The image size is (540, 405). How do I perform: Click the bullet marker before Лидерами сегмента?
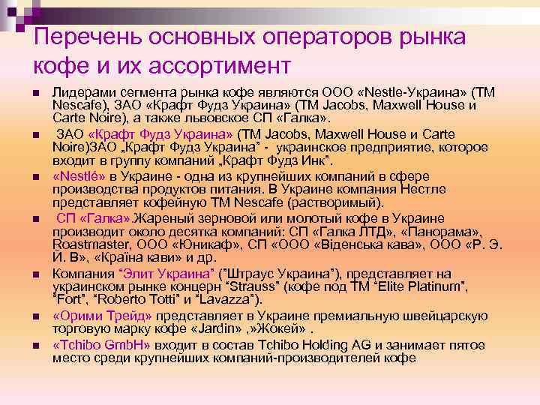[x=35, y=92]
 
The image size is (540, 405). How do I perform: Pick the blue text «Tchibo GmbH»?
[x=101, y=344]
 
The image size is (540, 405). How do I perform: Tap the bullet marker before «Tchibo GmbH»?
[x=35, y=345]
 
